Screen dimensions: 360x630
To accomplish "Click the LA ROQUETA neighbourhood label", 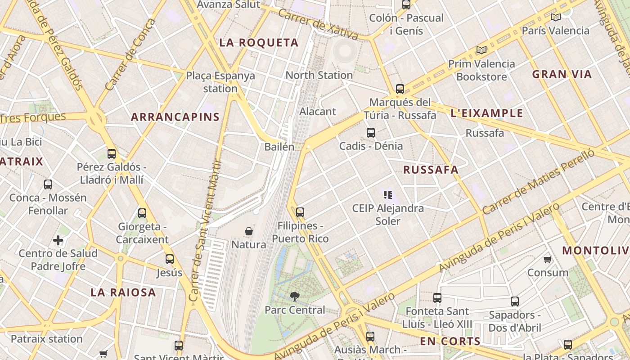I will click(259, 43).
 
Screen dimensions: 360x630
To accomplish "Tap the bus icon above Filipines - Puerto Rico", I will click(300, 212).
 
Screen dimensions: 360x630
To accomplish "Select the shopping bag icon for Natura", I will click(248, 231).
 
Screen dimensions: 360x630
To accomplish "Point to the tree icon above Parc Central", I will click(295, 296).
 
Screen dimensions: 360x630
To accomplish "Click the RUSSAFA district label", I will click(431, 170).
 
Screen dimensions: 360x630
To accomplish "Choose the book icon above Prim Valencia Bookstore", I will click(481, 50).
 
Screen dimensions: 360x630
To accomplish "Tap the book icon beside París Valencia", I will click(556, 18).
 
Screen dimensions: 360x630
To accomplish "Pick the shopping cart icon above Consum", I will click(548, 259).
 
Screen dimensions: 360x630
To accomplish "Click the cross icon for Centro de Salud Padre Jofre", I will click(58, 240).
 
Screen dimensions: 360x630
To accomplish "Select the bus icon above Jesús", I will click(170, 259).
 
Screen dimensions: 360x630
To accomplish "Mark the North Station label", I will click(319, 75).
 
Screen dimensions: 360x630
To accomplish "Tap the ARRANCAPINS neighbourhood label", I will click(175, 117).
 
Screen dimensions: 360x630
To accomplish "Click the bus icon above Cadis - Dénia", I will click(371, 133).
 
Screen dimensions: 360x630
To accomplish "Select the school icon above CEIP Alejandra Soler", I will click(388, 195).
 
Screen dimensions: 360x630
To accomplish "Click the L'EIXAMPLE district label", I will click(487, 113).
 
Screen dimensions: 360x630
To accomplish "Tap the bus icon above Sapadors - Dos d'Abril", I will click(515, 301).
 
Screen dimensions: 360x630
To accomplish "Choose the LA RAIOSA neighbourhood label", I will click(123, 292).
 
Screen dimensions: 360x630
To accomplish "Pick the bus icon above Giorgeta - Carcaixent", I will click(142, 213).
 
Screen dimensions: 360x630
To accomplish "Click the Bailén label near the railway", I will click(279, 147).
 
